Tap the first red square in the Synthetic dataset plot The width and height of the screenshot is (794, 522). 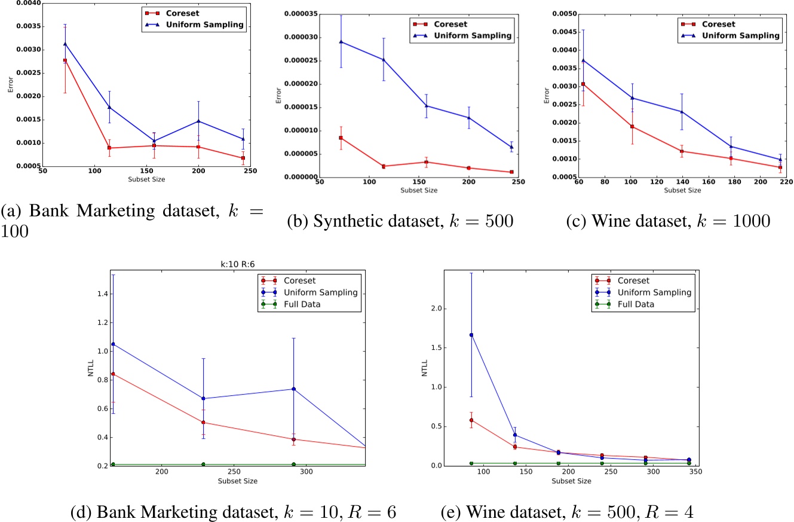point(341,138)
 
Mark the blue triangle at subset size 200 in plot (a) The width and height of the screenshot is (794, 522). point(198,121)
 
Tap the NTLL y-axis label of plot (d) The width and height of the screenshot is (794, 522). point(90,371)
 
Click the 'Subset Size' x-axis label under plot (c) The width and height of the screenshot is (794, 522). point(682,191)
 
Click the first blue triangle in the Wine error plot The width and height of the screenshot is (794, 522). point(583,60)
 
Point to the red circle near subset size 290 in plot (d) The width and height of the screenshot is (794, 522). point(294,439)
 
